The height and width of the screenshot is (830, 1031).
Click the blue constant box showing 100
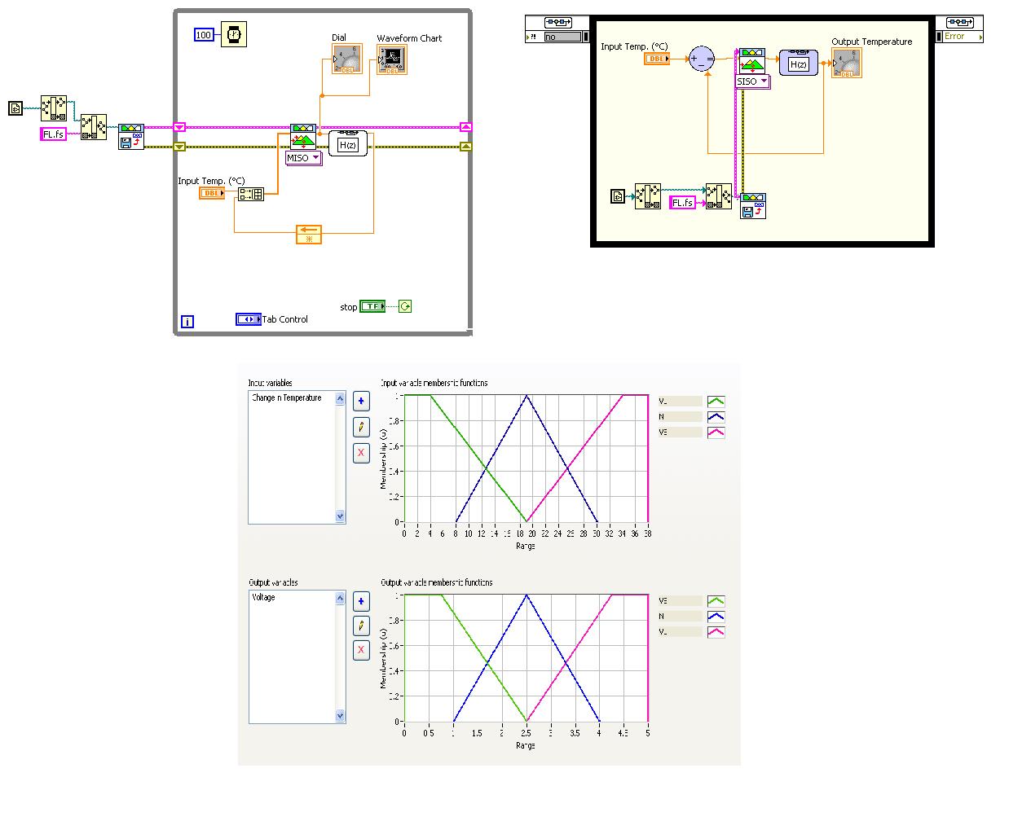click(x=204, y=35)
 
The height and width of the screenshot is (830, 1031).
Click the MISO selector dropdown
click(x=303, y=158)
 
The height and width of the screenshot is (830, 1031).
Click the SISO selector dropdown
click(x=752, y=81)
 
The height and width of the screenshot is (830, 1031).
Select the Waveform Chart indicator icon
click(x=392, y=59)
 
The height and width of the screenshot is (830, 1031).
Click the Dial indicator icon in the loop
click(x=347, y=59)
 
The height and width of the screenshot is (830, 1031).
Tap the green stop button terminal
click(x=372, y=307)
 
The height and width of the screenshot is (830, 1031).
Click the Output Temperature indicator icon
click(x=846, y=63)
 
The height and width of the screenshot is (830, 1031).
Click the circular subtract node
click(x=701, y=59)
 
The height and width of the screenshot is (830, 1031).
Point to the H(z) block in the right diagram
click(x=798, y=63)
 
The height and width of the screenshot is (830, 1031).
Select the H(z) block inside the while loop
click(x=348, y=144)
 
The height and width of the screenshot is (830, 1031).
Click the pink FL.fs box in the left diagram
click(x=53, y=134)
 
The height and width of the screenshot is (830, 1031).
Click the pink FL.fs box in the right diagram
click(x=683, y=203)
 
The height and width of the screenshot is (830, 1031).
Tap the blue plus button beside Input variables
click(x=361, y=401)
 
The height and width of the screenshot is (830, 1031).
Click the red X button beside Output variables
click(x=361, y=650)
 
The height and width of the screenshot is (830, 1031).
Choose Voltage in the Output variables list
click(x=264, y=598)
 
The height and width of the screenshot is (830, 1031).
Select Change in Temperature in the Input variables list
click(x=287, y=398)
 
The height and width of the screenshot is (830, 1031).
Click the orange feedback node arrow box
click(x=309, y=235)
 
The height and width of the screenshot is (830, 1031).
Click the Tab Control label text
click(x=284, y=319)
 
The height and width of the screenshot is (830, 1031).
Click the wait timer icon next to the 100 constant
click(x=234, y=34)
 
